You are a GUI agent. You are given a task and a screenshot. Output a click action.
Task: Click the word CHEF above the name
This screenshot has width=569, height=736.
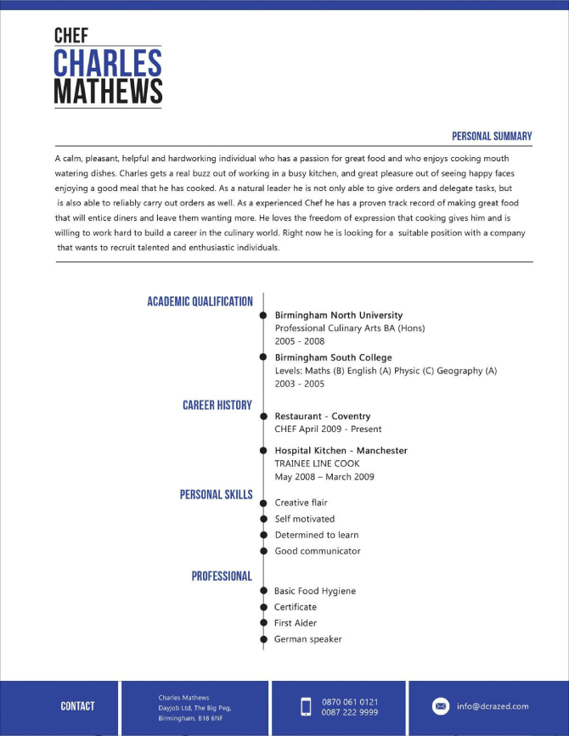click(x=70, y=35)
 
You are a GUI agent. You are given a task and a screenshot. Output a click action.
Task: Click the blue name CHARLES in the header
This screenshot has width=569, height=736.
click(x=107, y=63)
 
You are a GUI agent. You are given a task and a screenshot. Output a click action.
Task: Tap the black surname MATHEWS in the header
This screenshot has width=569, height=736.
click(x=108, y=92)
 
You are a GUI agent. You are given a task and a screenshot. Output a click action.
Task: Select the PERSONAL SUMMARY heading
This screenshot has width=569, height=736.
click(x=492, y=136)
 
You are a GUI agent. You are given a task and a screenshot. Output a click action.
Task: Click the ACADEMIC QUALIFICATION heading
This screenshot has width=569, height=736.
click(x=200, y=301)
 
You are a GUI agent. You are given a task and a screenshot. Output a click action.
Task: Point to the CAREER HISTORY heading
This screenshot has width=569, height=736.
click(x=217, y=405)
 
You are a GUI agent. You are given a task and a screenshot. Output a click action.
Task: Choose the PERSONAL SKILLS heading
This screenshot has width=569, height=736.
click(x=217, y=494)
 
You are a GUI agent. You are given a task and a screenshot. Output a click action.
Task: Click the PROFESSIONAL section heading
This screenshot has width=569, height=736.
click(x=222, y=576)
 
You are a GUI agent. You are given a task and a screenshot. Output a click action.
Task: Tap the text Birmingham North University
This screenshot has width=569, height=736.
click(x=339, y=315)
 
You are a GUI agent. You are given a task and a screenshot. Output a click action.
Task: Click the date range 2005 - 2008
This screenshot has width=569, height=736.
click(x=300, y=340)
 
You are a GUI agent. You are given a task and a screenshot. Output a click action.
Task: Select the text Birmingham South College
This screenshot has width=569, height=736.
click(x=333, y=357)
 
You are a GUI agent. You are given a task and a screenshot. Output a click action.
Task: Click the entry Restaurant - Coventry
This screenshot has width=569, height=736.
click(x=323, y=416)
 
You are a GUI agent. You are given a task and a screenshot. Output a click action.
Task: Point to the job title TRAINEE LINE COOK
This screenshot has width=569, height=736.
click(x=317, y=464)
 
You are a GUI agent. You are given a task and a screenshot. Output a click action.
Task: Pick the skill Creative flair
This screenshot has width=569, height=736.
click(x=301, y=503)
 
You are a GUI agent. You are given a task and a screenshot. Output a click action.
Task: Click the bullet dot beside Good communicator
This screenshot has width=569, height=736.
click(x=263, y=552)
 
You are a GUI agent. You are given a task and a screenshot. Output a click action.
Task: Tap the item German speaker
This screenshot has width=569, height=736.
click(x=307, y=638)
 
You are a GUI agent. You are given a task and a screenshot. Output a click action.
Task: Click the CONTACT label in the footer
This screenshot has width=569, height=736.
click(x=77, y=705)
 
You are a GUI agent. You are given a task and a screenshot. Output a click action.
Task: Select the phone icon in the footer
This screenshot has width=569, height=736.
click(x=307, y=706)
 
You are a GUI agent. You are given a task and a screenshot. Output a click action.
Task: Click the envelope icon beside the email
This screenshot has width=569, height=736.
click(x=441, y=706)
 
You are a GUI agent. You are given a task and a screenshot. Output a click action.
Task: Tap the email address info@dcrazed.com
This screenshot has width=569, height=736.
click(x=493, y=706)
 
